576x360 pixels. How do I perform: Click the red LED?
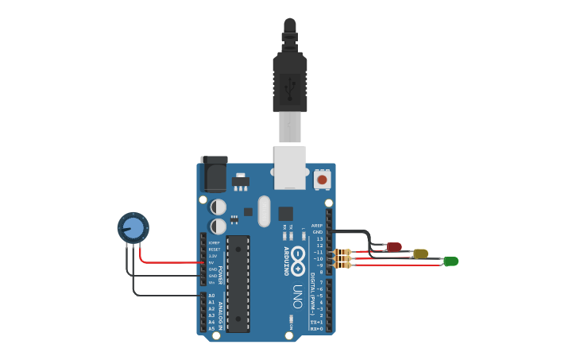394,247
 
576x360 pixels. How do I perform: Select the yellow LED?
420,254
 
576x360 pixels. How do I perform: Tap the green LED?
450,261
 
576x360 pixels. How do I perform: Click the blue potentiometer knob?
133,228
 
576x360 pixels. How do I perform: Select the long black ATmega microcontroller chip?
238,283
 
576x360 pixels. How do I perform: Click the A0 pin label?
211,296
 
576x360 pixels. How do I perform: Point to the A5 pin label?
211,328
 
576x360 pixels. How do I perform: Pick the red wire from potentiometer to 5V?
171,261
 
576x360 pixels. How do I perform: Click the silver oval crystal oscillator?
264,211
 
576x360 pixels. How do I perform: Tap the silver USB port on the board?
290,167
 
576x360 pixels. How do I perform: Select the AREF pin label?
317,225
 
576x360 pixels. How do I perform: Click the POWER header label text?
220,274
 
